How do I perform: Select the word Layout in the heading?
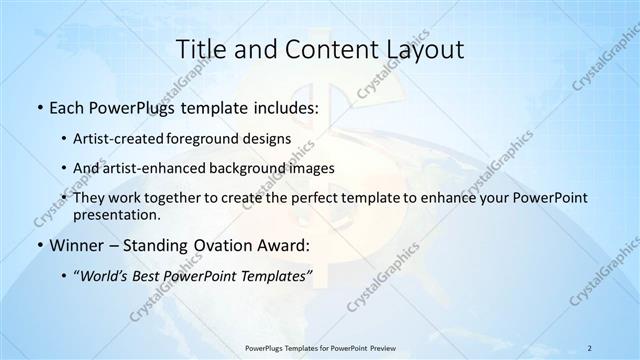coord(418,49)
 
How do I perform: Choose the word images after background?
coord(312,168)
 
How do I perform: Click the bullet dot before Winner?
coord(39,246)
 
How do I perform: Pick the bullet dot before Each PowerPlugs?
coord(39,106)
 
